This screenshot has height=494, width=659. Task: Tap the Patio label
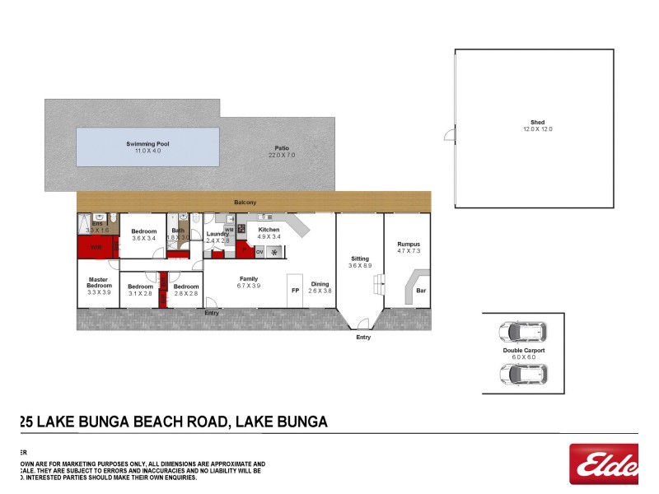283,147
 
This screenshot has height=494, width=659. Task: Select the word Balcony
245,203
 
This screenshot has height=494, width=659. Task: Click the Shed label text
538,123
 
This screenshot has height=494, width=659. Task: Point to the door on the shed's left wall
450,135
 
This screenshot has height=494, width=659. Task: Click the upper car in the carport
522,333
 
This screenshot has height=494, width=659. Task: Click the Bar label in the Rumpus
420,291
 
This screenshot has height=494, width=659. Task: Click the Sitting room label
360,259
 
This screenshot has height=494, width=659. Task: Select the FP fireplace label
294,291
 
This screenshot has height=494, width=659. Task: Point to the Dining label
319,285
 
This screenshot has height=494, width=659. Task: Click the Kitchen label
269,230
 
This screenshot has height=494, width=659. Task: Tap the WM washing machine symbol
229,230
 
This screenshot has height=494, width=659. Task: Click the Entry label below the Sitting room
363,338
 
